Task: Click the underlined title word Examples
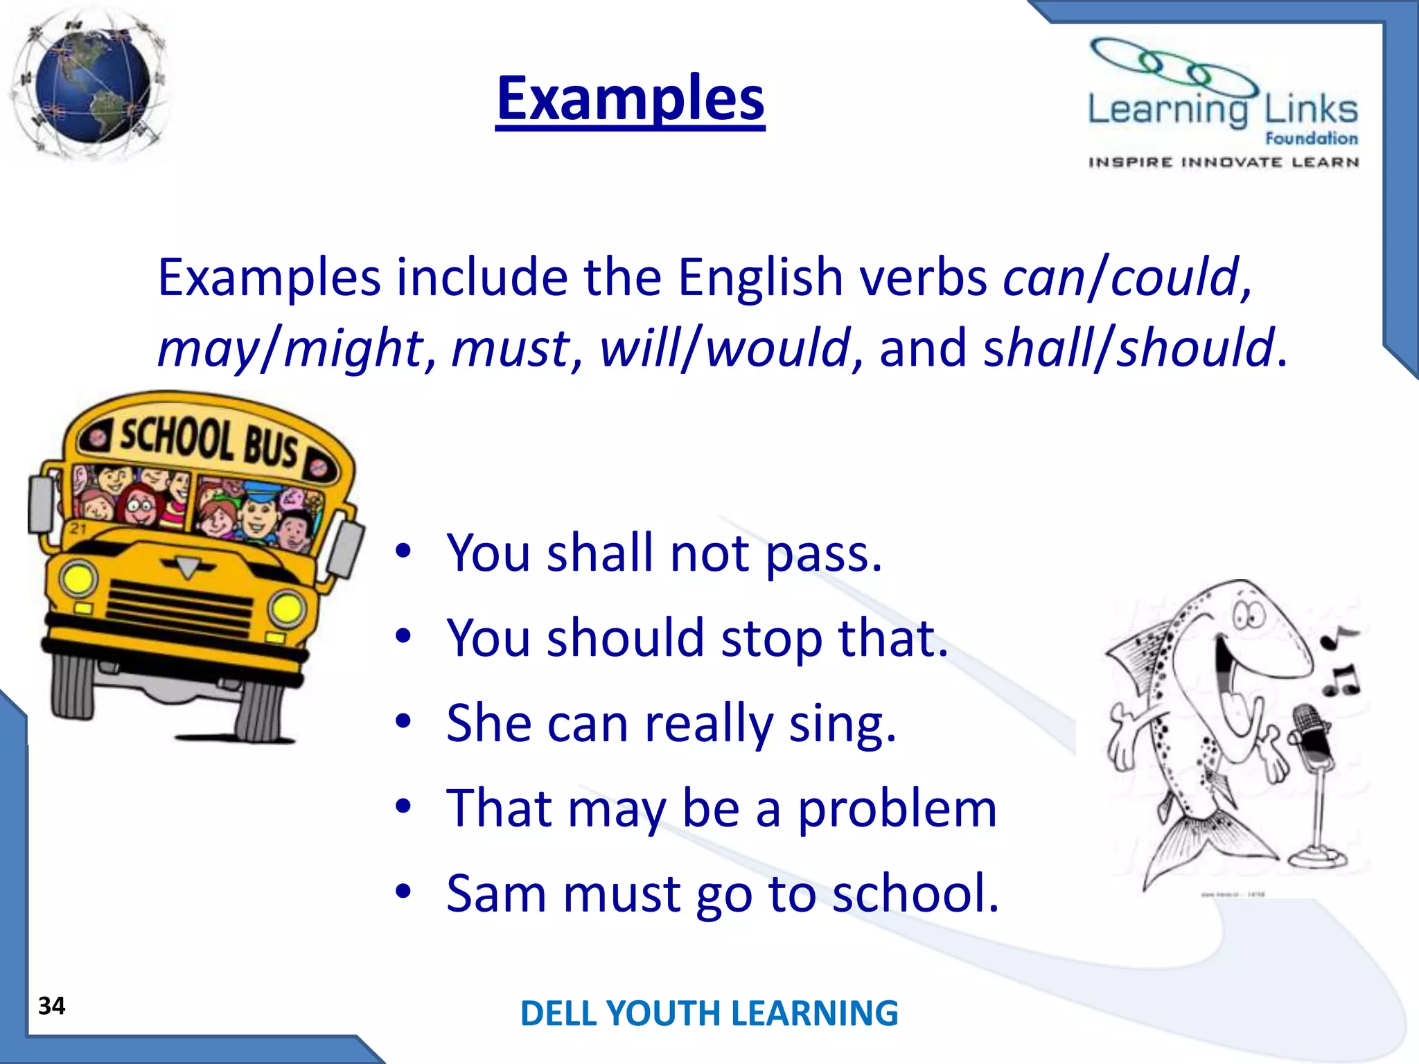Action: pyautogui.click(x=631, y=98)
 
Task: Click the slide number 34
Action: pyautogui.click(x=52, y=1006)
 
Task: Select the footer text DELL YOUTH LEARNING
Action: pyautogui.click(x=709, y=1013)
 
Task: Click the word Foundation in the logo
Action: pyautogui.click(x=1311, y=139)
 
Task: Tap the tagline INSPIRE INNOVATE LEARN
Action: pyautogui.click(x=1223, y=163)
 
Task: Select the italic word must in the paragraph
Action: pyautogui.click(x=511, y=348)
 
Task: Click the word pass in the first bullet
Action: pyautogui.click(x=824, y=554)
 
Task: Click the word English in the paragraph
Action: pyautogui.click(x=760, y=277)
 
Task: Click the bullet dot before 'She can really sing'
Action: pyautogui.click(x=403, y=722)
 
